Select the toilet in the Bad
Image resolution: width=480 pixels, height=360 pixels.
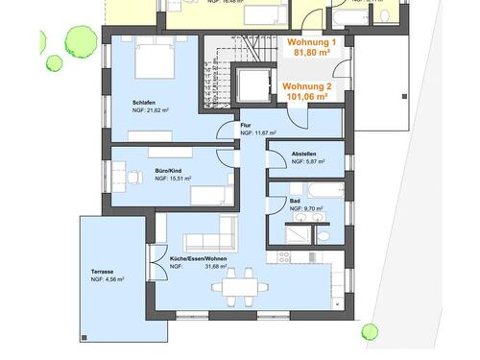324,234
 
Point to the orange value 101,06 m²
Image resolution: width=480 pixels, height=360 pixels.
306,97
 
